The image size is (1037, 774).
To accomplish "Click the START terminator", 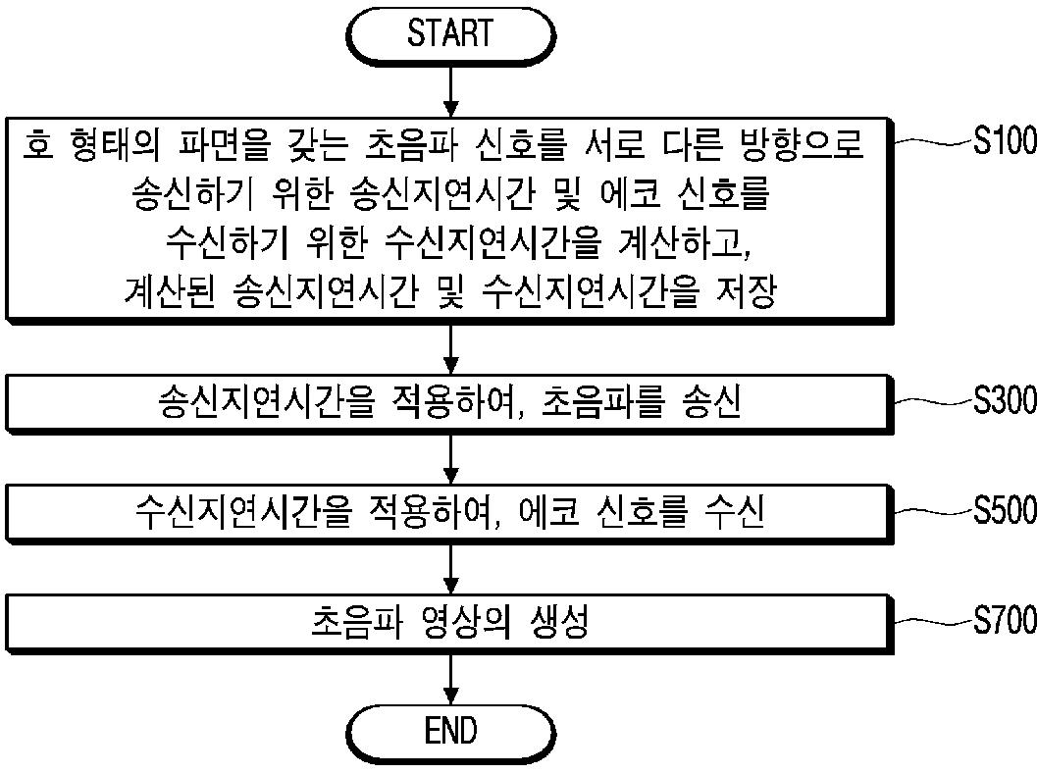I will pyautogui.click(x=450, y=34).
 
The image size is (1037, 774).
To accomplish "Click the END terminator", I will pyautogui.click(x=450, y=731).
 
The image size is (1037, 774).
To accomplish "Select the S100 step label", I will pyautogui.click(x=1004, y=142).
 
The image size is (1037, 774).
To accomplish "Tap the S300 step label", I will pyautogui.click(x=1004, y=401).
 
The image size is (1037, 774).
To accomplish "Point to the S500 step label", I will pyautogui.click(x=1004, y=510).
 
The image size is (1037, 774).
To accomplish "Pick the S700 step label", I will pyautogui.click(x=1004, y=620).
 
